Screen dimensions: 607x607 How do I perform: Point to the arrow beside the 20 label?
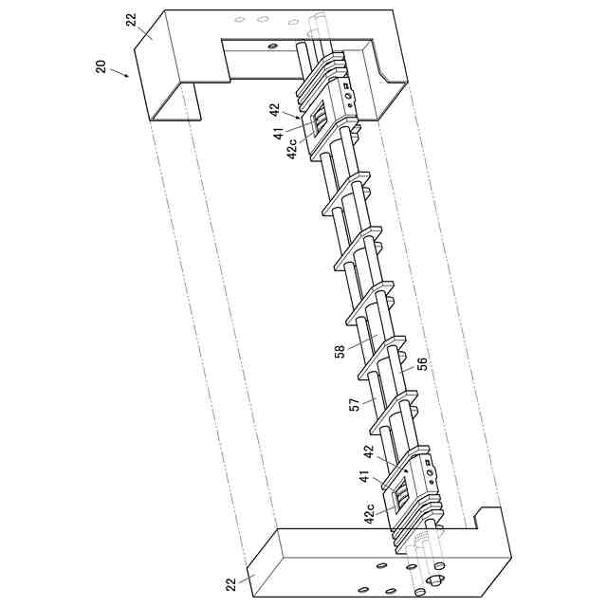119,71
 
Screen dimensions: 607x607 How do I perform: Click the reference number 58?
340,352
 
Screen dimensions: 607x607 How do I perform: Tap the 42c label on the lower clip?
368,513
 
